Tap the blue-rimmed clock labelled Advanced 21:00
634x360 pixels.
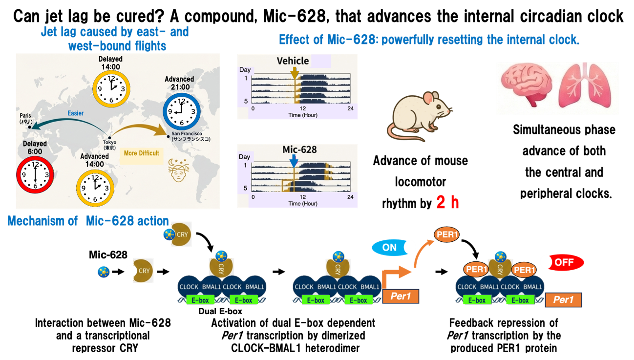tap(181, 111)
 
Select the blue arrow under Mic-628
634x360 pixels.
tap(293, 160)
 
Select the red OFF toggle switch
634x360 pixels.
tap(562, 262)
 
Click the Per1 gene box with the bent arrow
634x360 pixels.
tap(401, 296)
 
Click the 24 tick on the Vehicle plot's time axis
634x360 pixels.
tap(350, 108)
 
